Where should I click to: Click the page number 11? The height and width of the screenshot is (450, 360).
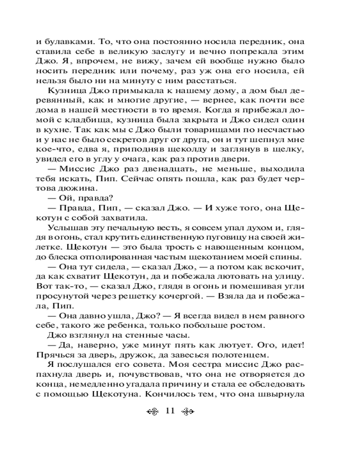pyautogui.click(x=170, y=410)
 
